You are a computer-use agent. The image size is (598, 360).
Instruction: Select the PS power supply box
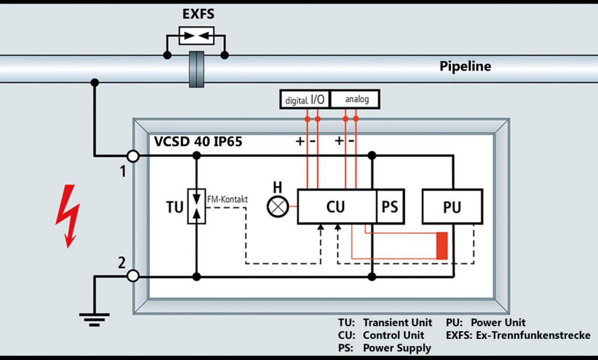pyautogui.click(x=390, y=206)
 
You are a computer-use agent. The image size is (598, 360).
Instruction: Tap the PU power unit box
pyautogui.click(x=452, y=206)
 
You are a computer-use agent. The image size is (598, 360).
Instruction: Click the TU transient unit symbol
pyautogui.click(x=196, y=206)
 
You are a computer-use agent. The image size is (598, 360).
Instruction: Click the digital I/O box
pyautogui.click(x=305, y=99)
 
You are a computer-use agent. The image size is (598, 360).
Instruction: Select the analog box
pyautogui.click(x=357, y=99)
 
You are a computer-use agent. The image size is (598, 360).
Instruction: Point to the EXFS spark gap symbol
pyautogui.click(x=196, y=34)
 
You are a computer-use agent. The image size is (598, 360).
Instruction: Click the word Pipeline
pyautogui.click(x=465, y=67)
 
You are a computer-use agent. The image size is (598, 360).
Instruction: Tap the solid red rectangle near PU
pyautogui.click(x=442, y=245)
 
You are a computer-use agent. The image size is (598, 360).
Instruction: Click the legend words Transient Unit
pyautogui.click(x=397, y=323)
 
